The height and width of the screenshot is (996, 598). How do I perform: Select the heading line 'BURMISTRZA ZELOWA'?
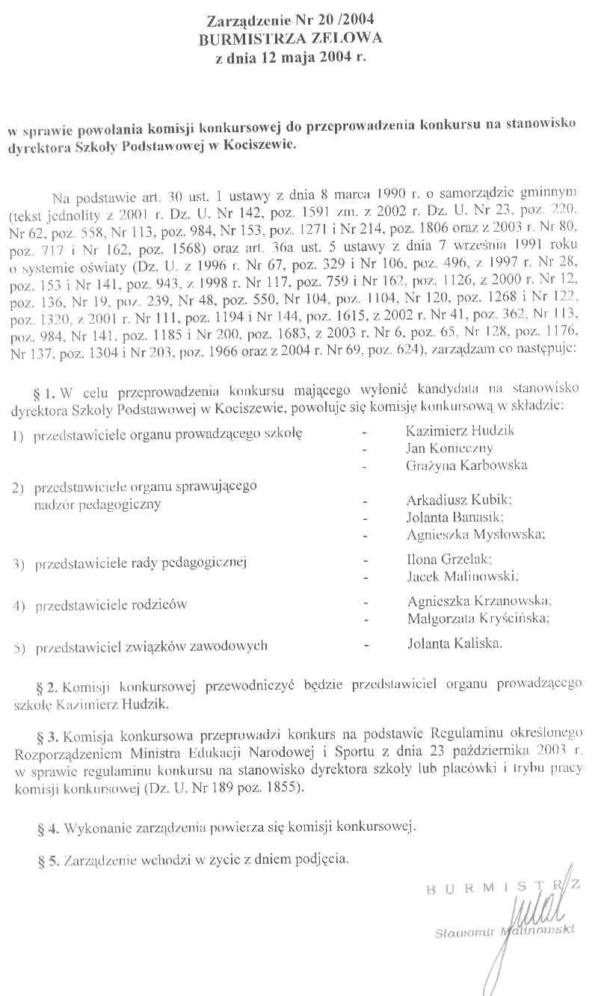point(290,39)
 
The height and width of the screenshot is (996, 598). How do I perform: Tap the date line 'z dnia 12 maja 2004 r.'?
point(291,57)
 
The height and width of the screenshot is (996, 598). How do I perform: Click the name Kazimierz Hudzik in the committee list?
point(460,431)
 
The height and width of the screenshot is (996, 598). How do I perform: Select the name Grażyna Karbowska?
point(466,465)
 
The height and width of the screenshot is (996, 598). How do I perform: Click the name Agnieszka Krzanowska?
point(479,601)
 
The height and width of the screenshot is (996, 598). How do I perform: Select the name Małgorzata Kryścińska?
point(478,618)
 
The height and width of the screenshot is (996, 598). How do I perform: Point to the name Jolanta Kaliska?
point(455,643)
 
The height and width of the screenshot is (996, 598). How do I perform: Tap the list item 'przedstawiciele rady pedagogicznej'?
point(141,562)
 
